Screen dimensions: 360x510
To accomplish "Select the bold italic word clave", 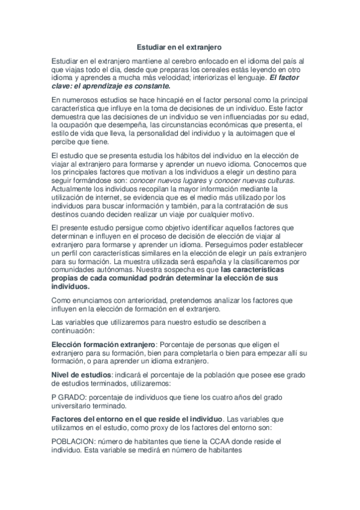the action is [63, 86].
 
